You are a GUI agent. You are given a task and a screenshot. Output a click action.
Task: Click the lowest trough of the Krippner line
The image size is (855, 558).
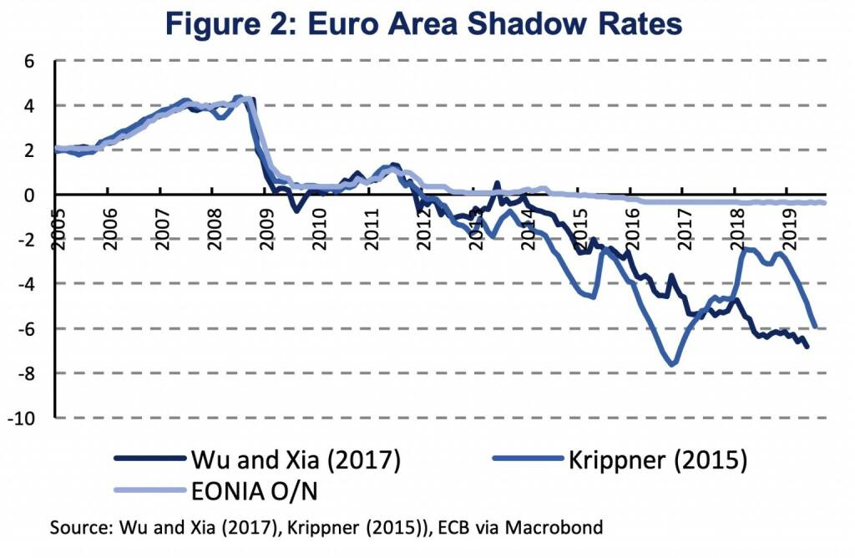tap(672, 364)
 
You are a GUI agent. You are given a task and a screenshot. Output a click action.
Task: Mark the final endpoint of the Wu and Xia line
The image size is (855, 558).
tap(807, 347)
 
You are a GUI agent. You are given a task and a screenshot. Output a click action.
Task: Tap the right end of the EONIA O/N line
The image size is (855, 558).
tap(824, 202)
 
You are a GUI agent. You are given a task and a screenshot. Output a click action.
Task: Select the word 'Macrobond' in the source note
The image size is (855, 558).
tap(564, 527)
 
